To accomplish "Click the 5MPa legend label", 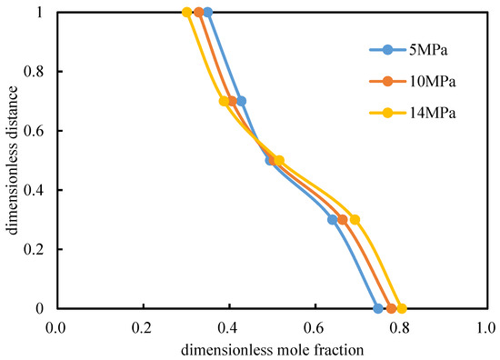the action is click(428, 50).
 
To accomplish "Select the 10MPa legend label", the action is click(433, 82).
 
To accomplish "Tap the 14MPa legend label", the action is click(433, 113).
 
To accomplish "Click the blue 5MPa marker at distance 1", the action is click(208, 13).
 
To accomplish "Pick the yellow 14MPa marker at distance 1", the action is click(187, 13).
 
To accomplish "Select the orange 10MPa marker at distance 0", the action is click(391, 308).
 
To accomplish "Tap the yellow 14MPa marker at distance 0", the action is click(402, 308).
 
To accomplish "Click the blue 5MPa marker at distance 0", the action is click(378, 308).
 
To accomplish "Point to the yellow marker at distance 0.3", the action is click(355, 220).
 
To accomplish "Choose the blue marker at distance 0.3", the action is click(333, 220).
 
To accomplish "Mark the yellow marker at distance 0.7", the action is click(225, 102).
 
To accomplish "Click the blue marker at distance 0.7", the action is click(242, 102).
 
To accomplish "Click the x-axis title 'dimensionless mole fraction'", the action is click(273, 350).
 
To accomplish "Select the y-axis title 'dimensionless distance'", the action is click(12, 160).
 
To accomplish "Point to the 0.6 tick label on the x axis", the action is click(315, 328).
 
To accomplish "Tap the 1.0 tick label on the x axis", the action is click(485, 328).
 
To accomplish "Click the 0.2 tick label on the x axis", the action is click(143, 328).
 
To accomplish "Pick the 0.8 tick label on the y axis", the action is click(34, 72).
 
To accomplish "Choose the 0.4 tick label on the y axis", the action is click(34, 190).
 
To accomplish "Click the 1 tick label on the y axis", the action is click(39, 13).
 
